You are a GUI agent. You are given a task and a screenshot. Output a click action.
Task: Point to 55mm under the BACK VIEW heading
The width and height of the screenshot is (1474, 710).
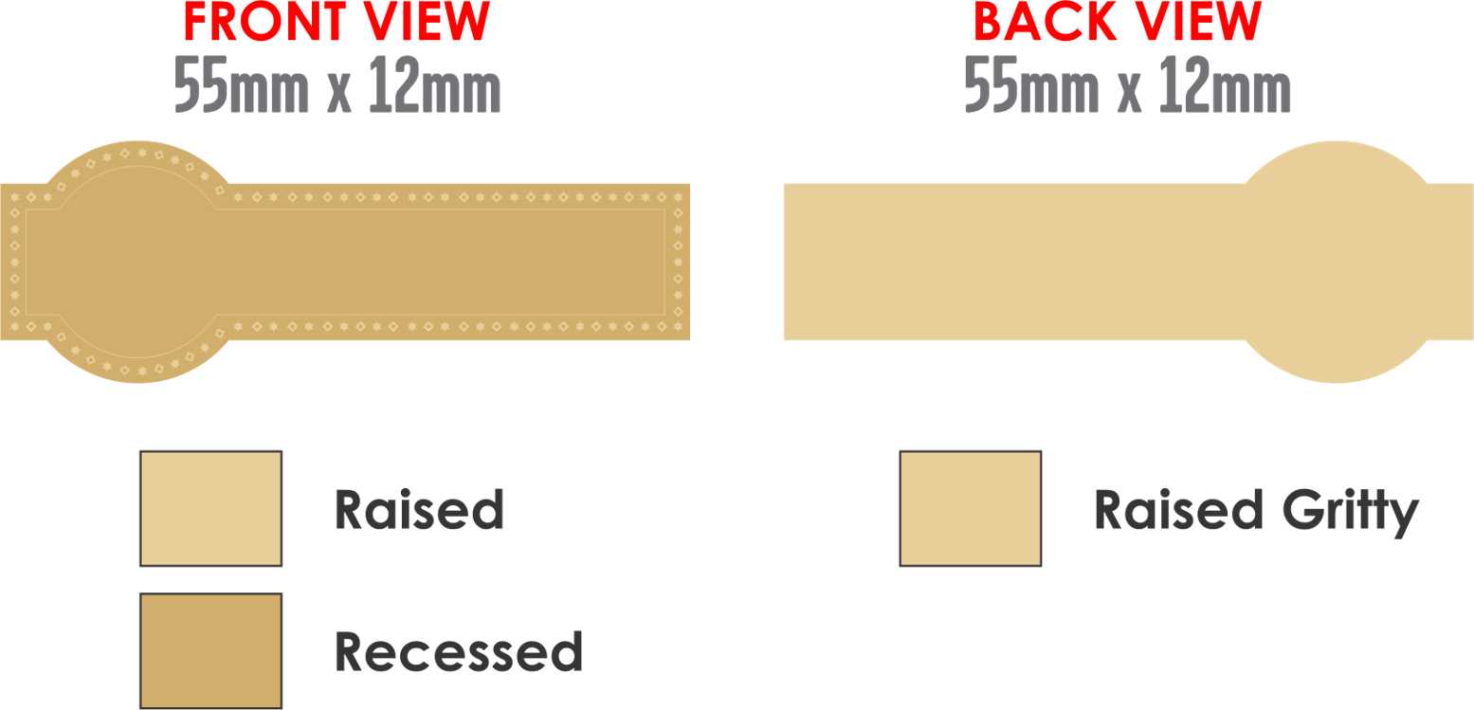coord(1031,89)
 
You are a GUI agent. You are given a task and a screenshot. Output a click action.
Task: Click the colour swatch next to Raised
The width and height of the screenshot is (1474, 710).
coord(210,508)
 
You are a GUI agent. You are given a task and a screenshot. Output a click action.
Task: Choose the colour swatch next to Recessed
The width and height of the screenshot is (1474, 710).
coord(210,650)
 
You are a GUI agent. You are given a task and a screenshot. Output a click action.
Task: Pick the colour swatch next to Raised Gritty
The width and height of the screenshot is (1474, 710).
coord(970,508)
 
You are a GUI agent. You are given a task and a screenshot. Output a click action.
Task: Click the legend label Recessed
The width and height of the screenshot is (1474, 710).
coord(458,652)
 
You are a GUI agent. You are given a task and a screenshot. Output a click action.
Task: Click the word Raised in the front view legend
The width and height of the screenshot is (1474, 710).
coord(418,510)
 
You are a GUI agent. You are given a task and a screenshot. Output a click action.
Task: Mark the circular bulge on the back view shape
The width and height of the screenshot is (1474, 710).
coord(1335,262)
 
